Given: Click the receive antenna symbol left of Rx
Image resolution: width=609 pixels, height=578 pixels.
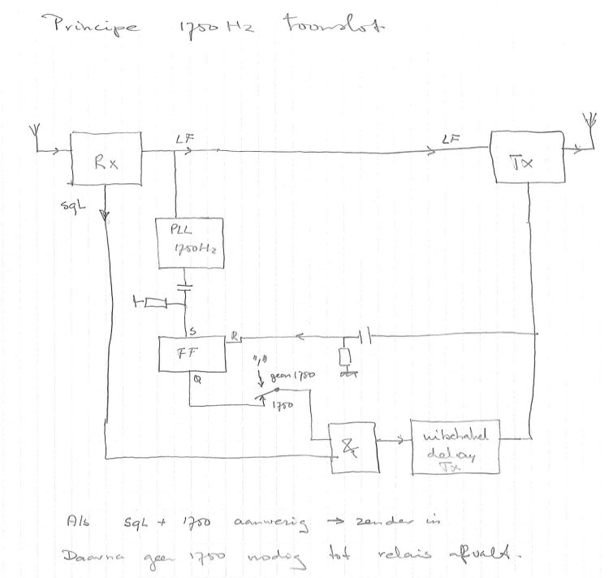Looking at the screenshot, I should click(x=34, y=135).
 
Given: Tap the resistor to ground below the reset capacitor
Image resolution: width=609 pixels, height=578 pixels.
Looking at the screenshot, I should click(x=347, y=357).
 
